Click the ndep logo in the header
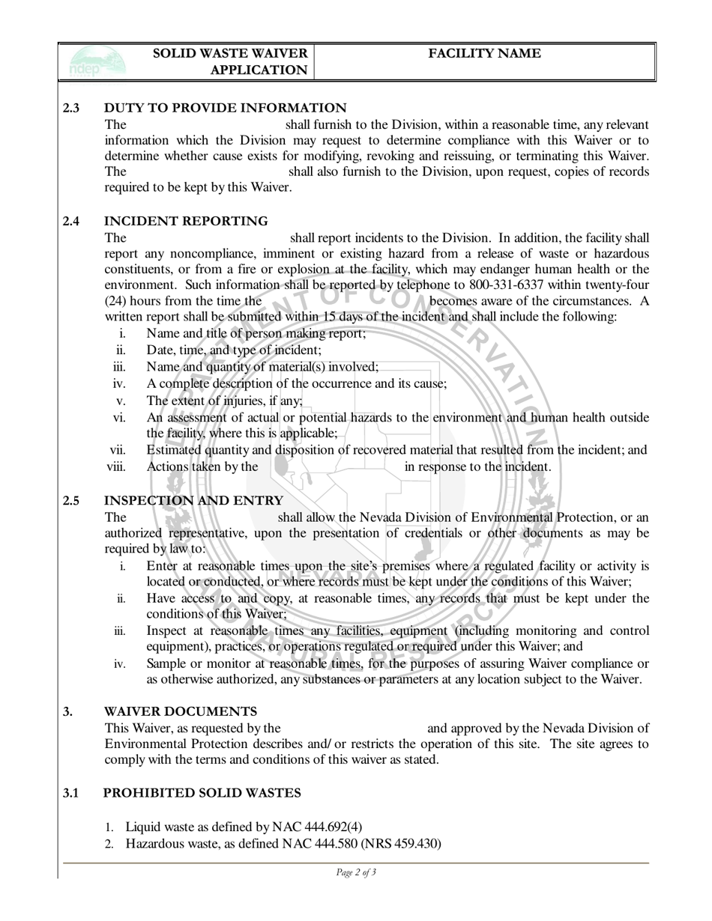point(94,61)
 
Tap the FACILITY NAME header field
point(484,53)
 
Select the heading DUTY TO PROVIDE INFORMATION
point(225,108)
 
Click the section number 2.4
point(71,221)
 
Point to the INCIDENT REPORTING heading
point(185,221)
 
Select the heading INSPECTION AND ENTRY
point(193,500)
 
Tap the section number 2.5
point(71,500)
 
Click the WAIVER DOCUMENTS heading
point(180,711)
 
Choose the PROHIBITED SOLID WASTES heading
point(202,792)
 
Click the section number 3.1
point(71,792)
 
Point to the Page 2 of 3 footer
point(356,872)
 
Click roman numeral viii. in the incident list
point(117,466)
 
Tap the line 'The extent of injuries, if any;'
point(224,400)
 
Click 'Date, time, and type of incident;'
point(234,350)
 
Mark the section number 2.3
point(71,108)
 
